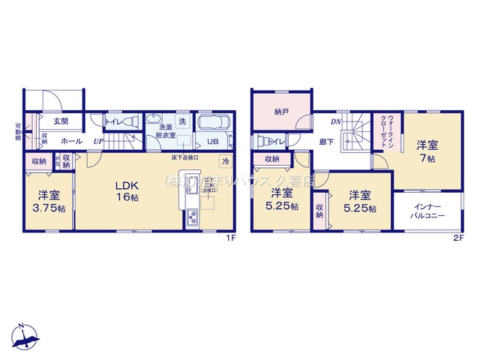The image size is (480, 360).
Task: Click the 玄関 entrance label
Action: pyautogui.click(x=61, y=121)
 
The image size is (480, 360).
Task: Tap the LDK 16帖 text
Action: pyautogui.click(x=127, y=190)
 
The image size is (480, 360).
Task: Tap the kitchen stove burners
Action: pyautogui.click(x=191, y=218)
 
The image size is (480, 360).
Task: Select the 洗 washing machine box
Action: pyautogui.click(x=182, y=121)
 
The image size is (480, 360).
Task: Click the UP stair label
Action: pyautogui.click(x=98, y=141)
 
